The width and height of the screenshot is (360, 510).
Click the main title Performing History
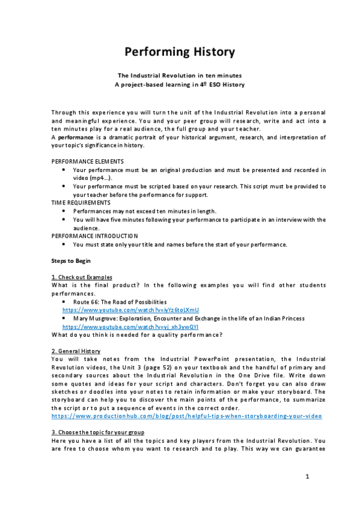180,52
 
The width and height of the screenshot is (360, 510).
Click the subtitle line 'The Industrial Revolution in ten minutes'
180,76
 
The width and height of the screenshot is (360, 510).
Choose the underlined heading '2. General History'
76,351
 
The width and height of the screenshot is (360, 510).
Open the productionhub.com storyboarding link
186,416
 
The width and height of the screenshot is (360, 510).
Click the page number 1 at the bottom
307,477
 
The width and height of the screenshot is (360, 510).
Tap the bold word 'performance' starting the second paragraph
75,138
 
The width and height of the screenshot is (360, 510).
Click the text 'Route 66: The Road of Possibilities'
120,301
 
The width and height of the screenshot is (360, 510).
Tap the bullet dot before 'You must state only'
64,245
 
